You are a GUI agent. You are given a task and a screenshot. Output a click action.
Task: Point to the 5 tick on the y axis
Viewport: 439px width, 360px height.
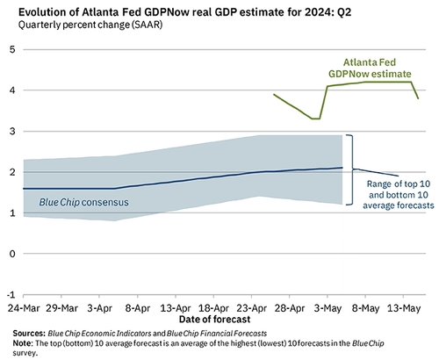click(12, 49)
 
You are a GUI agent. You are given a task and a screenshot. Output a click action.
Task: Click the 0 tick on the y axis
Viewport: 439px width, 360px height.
click(12, 254)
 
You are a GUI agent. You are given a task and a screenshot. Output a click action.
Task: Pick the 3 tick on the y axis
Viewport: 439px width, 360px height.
click(12, 131)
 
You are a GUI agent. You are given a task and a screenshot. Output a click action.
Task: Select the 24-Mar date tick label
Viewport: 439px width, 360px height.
click(20, 310)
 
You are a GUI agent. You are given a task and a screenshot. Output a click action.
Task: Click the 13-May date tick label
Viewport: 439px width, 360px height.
click(405, 310)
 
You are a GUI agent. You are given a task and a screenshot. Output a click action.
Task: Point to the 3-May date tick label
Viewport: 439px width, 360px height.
click(327, 310)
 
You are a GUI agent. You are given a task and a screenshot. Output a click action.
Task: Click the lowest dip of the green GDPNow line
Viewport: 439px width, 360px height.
click(315, 118)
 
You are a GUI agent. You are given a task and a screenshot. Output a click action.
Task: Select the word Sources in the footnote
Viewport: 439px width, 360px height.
click(33, 335)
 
